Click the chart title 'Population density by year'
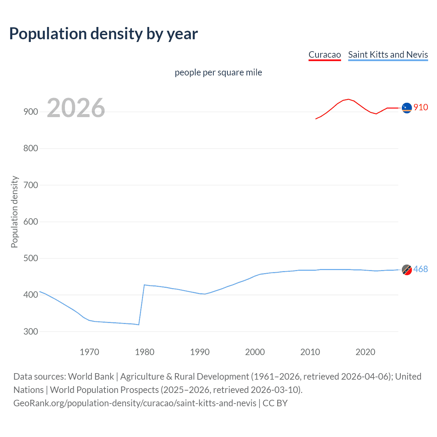(x=103, y=34)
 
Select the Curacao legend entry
(x=325, y=55)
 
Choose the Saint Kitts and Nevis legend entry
(x=388, y=55)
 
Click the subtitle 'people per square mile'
(x=218, y=72)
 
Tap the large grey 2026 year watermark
(x=76, y=108)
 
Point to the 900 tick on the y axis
(x=31, y=112)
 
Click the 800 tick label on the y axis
(x=31, y=149)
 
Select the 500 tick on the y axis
(x=31, y=258)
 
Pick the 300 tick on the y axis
(x=31, y=332)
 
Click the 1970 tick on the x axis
(x=89, y=352)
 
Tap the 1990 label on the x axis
(x=200, y=352)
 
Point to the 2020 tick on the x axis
(x=365, y=352)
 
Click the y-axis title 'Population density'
(x=14, y=212)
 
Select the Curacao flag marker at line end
(x=407, y=108)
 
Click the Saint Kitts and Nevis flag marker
(x=407, y=270)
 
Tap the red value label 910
(x=421, y=108)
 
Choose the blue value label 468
(x=421, y=269)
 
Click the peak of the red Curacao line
(x=348, y=99)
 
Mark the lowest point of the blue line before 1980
(x=138, y=325)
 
